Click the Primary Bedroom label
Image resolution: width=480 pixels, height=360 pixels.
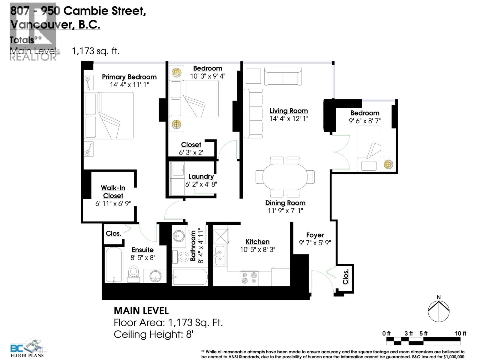click(129, 77)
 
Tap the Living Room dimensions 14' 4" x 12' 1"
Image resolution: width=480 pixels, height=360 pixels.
click(289, 118)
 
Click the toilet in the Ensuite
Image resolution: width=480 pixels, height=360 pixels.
click(133, 274)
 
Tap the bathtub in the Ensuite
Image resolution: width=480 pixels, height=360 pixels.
click(114, 265)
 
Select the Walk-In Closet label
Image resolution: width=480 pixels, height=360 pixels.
click(113, 192)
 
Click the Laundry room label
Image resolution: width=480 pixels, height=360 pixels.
click(201, 176)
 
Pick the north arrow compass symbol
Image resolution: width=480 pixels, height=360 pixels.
click(439, 311)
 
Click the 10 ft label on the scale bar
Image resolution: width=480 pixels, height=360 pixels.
click(460, 333)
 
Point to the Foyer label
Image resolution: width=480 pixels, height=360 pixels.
click(315, 235)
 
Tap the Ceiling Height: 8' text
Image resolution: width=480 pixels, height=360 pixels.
click(153, 334)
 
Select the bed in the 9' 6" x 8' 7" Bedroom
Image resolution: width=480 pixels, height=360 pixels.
click(369, 148)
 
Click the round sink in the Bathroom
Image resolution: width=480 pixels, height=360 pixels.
click(179, 236)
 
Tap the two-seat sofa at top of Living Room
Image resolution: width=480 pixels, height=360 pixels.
click(283, 76)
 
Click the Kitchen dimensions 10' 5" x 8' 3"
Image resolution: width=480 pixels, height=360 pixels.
click(257, 249)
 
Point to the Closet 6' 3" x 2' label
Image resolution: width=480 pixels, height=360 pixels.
click(191, 148)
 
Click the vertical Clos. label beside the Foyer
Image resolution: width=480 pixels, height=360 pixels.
click(345, 277)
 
